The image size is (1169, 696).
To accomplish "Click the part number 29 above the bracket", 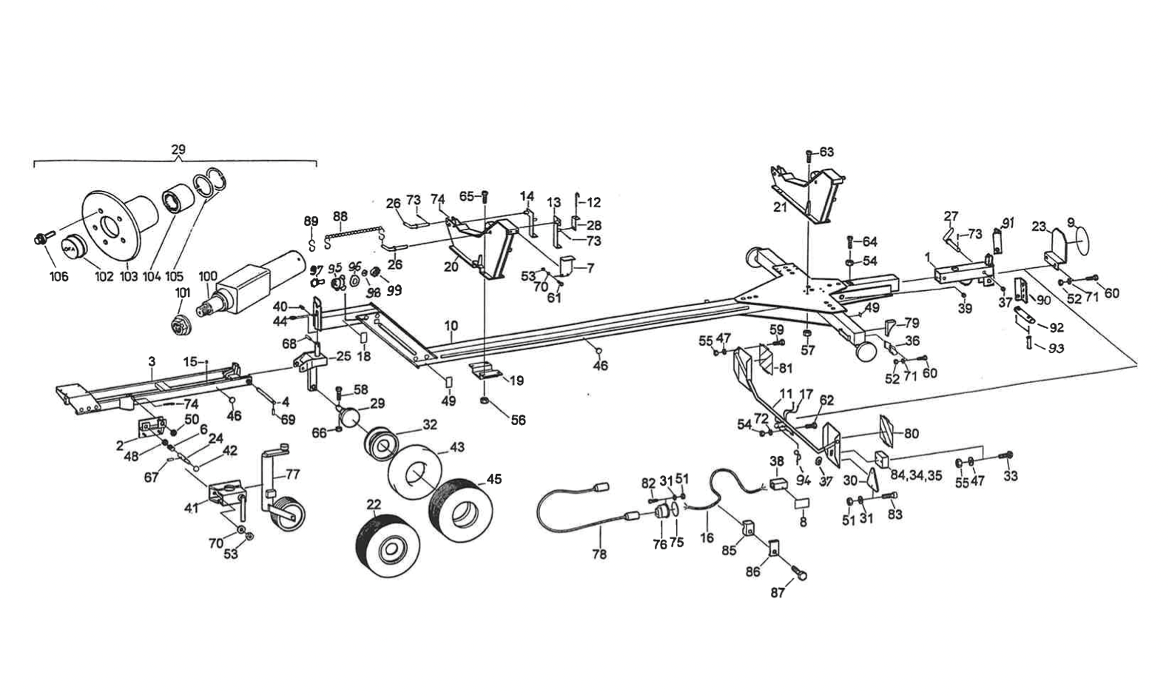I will (x=178, y=150).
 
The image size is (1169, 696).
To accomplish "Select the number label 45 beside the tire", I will (x=493, y=479).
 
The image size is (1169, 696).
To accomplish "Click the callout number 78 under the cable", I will (x=599, y=554).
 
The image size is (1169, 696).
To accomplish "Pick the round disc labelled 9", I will (x=1082, y=242).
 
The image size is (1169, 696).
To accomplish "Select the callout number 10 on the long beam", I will (x=451, y=326).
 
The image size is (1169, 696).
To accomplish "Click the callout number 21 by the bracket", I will (x=780, y=207).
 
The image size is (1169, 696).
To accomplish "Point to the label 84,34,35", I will (x=915, y=476).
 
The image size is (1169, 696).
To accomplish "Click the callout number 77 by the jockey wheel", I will (x=293, y=474).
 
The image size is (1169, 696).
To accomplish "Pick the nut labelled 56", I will (x=483, y=401).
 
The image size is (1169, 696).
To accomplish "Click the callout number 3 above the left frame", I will (x=151, y=361).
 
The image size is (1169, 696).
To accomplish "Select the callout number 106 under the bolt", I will (x=58, y=276).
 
